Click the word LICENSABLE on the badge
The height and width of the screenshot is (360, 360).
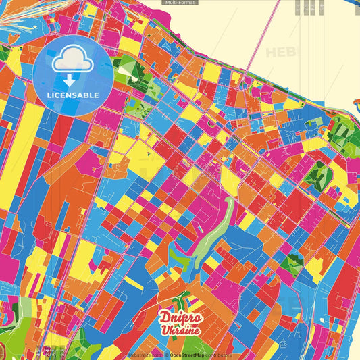tap(73, 94)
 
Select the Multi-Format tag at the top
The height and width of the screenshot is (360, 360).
tap(180, 3)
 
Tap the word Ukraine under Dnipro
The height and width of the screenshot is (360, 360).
tap(180, 330)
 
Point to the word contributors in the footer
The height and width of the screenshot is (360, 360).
tap(220, 355)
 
